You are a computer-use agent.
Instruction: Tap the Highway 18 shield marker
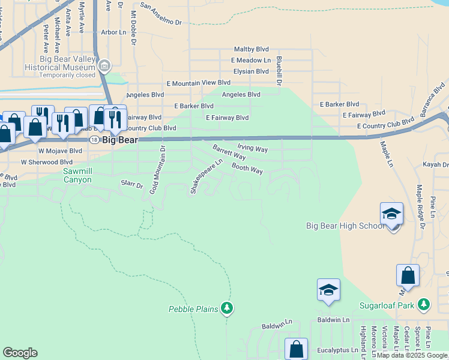pos(94,139)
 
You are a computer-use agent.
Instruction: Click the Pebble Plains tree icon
pos(226,308)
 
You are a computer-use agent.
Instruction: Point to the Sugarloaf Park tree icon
pos(424,305)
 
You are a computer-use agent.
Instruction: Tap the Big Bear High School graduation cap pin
pos(391,215)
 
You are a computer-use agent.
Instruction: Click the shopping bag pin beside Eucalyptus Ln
pos(296,349)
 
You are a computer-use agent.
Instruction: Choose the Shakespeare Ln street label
pos(206,176)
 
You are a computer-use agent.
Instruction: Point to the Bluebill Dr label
pos(279,70)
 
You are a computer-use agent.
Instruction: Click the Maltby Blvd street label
pos(251,50)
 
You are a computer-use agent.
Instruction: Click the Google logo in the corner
pos(20,353)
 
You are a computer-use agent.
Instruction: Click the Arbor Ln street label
pos(114,32)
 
